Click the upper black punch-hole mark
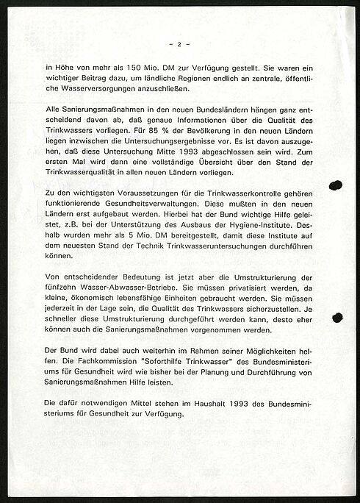coord(336,185)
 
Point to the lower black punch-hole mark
coord(337,318)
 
